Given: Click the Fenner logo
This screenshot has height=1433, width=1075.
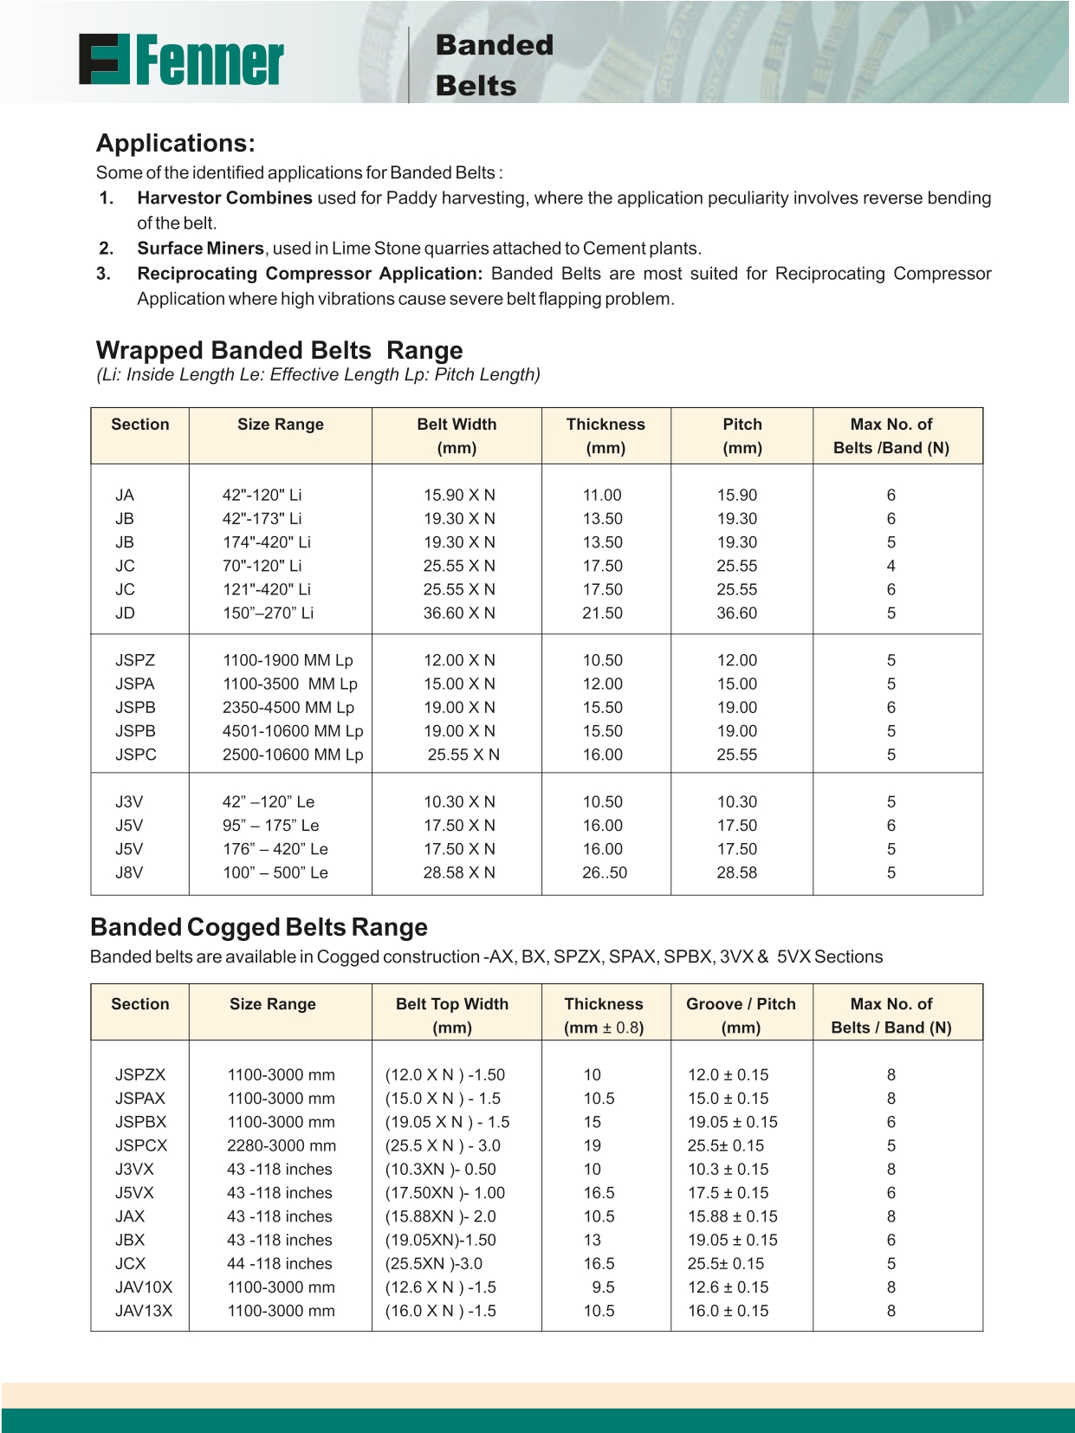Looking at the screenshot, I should pyautogui.click(x=181, y=60).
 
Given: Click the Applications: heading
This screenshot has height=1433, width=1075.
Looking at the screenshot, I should pyautogui.click(x=175, y=143).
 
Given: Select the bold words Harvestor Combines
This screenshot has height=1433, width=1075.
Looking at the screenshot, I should pyautogui.click(x=224, y=198).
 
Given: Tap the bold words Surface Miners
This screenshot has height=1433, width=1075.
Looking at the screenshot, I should pyautogui.click(x=200, y=249).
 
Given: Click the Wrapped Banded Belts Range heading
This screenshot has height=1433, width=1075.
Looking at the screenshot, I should pyautogui.click(x=279, y=350).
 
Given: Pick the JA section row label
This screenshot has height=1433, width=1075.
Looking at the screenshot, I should pyautogui.click(x=125, y=496).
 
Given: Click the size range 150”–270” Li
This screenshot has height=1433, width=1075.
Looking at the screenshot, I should pyautogui.click(x=268, y=613).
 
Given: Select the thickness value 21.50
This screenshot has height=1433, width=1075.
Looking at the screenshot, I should pyautogui.click(x=602, y=613).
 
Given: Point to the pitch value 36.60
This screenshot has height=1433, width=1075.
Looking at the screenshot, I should pyautogui.click(x=736, y=613).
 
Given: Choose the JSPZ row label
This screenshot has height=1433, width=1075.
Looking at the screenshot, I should pyautogui.click(x=135, y=660).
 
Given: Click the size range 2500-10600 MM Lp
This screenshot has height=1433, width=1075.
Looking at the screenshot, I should pyautogui.click(x=293, y=755).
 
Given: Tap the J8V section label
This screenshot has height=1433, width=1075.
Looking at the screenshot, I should pyautogui.click(x=129, y=872).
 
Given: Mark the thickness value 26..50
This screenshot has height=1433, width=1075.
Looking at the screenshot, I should pyautogui.click(x=604, y=872).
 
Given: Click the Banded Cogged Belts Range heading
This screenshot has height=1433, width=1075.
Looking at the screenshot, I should pyautogui.click(x=259, y=927).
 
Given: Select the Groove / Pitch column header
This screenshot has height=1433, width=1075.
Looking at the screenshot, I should pyautogui.click(x=741, y=1004).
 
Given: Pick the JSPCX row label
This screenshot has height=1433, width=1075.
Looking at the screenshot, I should pyautogui.click(x=141, y=1145).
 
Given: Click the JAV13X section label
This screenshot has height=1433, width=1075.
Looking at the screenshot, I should pyautogui.click(x=144, y=1311).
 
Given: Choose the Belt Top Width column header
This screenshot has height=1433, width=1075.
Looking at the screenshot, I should pyautogui.click(x=452, y=1004).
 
